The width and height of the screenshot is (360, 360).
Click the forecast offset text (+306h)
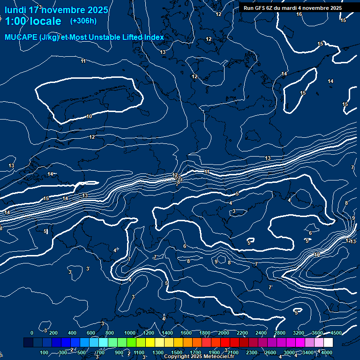[x=83, y=21]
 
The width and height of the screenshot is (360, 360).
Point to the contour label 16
[x=299, y=14]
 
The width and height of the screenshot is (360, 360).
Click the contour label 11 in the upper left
[x=83, y=61]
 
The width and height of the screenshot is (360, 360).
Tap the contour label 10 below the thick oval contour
[x=89, y=116]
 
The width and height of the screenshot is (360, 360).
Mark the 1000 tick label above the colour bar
[x=129, y=333]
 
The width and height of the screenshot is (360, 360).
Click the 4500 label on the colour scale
[x=336, y=333]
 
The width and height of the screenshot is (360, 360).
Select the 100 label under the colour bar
[x=45, y=352]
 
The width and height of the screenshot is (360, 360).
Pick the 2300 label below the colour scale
[x=251, y=352]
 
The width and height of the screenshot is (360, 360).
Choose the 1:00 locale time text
[x=33, y=21]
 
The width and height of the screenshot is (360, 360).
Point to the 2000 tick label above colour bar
[x=224, y=333]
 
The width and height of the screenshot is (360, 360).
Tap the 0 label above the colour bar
[x=32, y=333]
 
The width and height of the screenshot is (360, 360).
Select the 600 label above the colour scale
[x=91, y=333]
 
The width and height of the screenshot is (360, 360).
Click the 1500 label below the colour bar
[x=177, y=352]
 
